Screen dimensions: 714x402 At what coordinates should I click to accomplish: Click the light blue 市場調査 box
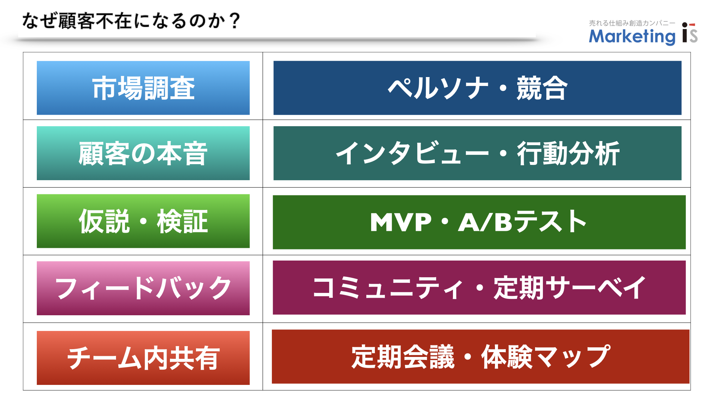(x=143, y=88)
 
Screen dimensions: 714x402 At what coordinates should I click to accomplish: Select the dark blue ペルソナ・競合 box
(x=477, y=88)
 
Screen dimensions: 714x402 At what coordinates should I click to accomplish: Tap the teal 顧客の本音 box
(x=143, y=153)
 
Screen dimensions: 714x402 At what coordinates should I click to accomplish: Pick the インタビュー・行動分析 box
(x=477, y=153)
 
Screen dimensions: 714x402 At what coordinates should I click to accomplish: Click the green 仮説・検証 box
(x=143, y=221)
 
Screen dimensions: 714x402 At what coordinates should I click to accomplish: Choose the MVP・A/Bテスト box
(x=479, y=222)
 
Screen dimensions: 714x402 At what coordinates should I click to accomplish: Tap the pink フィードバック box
(x=143, y=288)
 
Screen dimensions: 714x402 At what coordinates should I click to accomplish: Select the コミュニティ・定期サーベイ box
(x=479, y=287)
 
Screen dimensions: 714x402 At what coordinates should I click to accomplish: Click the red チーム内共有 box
(x=143, y=358)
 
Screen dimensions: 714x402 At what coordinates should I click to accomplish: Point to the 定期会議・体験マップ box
(x=480, y=357)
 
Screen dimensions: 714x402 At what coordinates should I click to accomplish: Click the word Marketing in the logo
(x=632, y=36)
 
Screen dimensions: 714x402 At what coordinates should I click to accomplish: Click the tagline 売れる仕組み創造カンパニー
(x=632, y=23)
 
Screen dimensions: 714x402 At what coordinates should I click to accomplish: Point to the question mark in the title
(x=234, y=21)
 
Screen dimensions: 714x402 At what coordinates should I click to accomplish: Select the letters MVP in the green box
(x=401, y=222)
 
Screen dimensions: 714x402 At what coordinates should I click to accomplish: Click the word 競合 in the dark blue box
(x=542, y=88)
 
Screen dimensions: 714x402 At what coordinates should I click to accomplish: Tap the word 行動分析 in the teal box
(x=568, y=153)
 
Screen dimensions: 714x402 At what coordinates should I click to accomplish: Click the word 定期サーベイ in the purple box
(x=570, y=287)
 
